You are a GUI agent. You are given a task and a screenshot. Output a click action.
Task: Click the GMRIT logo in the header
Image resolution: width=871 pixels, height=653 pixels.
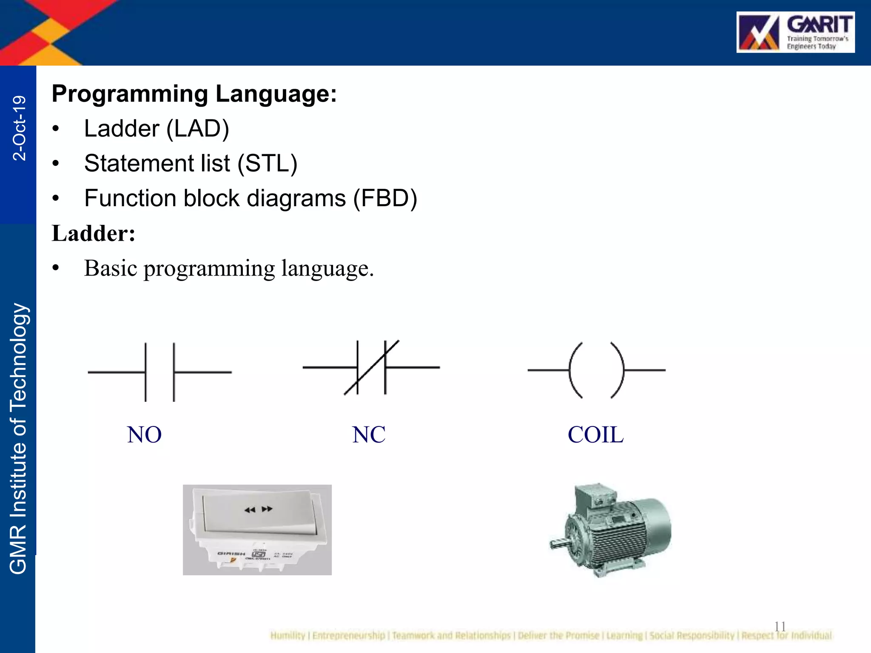(x=795, y=32)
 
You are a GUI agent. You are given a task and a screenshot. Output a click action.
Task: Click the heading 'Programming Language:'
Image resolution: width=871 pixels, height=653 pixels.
(x=194, y=94)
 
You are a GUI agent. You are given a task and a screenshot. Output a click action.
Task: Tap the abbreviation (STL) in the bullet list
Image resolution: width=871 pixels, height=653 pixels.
(x=267, y=164)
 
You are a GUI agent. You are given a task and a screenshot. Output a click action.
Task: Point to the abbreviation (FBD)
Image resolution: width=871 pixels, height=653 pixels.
(x=385, y=199)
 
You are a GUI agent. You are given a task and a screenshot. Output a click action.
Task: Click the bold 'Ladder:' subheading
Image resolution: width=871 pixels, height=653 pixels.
(x=94, y=233)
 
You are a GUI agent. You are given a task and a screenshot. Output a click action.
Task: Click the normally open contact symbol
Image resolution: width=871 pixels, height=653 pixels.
(x=159, y=372)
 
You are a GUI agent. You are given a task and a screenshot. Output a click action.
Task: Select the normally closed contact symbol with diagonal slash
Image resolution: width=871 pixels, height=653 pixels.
(x=371, y=367)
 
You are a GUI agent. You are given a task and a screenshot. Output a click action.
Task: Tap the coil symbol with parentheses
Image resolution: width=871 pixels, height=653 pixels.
(x=596, y=370)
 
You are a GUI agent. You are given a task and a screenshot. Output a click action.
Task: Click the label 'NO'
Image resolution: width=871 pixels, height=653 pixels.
(x=144, y=435)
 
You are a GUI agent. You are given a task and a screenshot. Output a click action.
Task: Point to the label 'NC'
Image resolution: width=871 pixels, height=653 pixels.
(x=369, y=435)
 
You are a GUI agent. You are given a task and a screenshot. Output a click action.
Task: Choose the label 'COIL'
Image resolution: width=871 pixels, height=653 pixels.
(x=595, y=435)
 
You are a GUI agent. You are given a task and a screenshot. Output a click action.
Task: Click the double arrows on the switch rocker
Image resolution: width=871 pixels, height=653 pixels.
(x=258, y=509)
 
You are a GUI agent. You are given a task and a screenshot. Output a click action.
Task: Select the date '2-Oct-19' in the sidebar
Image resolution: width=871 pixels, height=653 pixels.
(x=19, y=128)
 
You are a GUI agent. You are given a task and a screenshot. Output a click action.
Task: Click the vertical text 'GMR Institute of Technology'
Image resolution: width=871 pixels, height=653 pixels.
(x=18, y=438)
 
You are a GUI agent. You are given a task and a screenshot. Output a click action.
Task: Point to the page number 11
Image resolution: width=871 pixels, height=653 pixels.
(x=780, y=626)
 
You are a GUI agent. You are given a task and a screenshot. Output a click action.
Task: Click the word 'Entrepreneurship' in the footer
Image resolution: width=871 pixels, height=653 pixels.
(x=348, y=636)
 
